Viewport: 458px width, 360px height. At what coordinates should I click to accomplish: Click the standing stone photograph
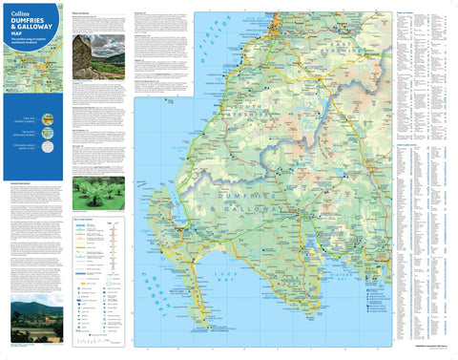(98, 56)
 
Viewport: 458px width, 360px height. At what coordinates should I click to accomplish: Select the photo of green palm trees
(98, 193)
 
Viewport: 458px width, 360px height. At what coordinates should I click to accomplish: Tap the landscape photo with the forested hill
(36, 321)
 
